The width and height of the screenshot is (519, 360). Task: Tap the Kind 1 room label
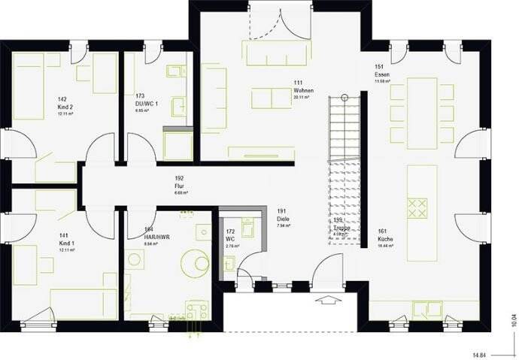coord(66,243)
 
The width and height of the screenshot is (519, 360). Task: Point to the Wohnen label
coord(303,90)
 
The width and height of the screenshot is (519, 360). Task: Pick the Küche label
coord(384,240)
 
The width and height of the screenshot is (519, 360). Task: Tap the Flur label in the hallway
coord(180,186)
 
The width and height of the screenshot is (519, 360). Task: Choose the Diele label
coord(284,219)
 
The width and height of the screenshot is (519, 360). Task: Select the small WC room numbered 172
coord(232,239)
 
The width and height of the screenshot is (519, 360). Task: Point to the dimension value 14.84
coord(479,352)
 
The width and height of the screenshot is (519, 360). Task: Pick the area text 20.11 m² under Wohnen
coord(302,97)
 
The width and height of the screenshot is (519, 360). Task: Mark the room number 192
coord(179,179)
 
